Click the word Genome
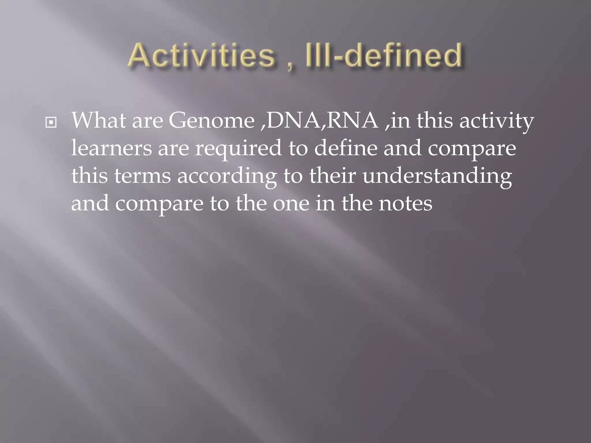coord(212,121)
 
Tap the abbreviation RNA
coord(353,121)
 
